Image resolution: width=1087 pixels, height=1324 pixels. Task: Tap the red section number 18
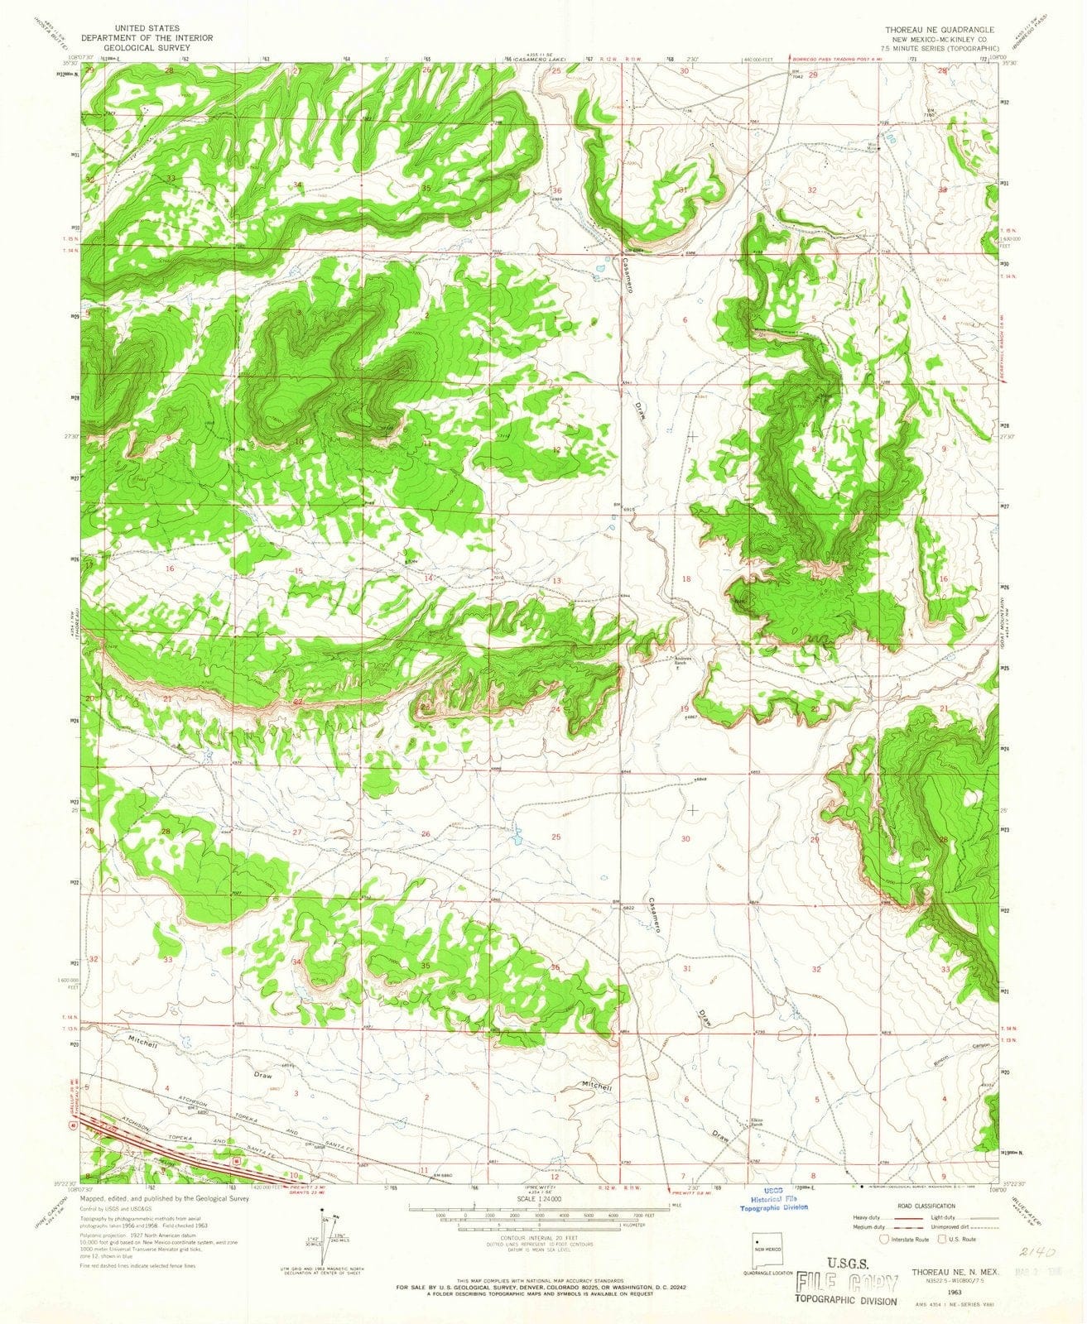tap(685, 578)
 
